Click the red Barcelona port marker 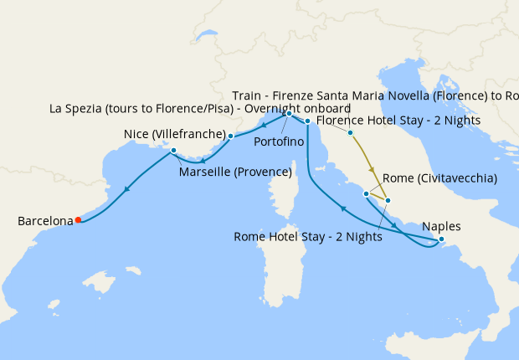coord(78,220)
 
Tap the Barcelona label coord(45,221)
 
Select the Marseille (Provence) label coord(235,172)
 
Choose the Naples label coord(441,226)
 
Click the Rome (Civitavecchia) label coord(439,178)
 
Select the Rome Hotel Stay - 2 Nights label coord(309,237)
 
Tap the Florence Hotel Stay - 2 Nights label coord(398,120)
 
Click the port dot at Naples coord(441,240)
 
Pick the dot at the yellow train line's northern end coord(350,133)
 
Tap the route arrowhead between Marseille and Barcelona coord(126,189)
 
